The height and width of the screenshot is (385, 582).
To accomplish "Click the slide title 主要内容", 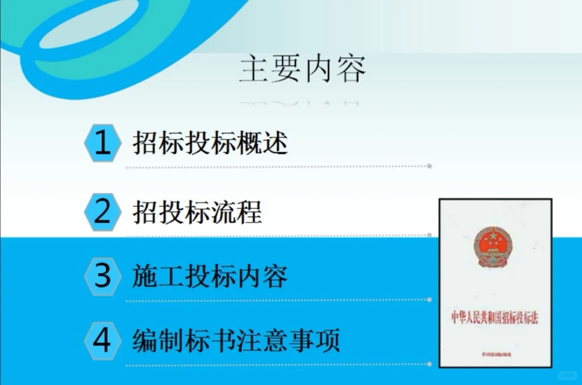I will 302,70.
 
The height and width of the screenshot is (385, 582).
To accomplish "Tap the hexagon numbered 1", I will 102,143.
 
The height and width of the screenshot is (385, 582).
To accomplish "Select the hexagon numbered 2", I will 102,212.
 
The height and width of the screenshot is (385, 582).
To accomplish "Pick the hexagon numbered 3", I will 102,276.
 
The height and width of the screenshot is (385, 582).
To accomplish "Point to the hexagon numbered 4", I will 102,341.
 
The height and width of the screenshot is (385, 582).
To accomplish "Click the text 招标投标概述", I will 210,143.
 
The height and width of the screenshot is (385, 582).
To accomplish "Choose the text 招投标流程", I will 197,212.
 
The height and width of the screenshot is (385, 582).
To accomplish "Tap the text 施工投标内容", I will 210,277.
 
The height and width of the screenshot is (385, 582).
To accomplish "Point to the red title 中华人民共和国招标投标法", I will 495,318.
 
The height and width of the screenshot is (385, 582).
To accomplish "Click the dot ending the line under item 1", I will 429,166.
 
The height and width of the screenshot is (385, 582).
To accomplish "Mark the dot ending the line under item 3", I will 429,300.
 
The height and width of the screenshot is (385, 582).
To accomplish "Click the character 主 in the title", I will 254,70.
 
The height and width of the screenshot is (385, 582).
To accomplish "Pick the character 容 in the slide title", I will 350,70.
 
